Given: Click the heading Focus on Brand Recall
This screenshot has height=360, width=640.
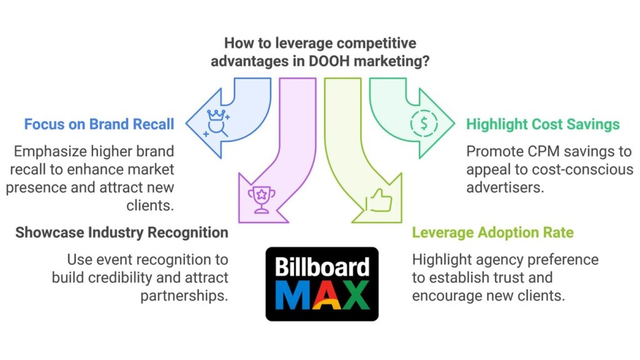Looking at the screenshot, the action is (x=99, y=124).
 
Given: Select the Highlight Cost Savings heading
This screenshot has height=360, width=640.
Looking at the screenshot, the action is (x=543, y=124).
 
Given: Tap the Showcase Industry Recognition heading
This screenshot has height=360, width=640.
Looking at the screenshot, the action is (x=122, y=232).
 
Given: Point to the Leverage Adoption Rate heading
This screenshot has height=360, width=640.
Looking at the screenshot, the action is (x=492, y=232).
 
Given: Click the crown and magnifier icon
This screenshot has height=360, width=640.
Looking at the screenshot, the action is (x=216, y=123).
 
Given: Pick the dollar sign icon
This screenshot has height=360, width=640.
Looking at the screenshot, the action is (x=424, y=123).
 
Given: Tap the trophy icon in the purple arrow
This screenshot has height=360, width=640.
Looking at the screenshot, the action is (x=262, y=199).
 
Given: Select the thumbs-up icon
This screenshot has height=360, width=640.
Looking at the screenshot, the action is (x=379, y=200).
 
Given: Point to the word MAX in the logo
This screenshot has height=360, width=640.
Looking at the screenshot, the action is (x=322, y=295).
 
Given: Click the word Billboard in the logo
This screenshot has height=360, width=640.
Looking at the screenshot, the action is (x=322, y=267).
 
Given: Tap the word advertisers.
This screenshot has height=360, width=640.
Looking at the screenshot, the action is (x=505, y=187).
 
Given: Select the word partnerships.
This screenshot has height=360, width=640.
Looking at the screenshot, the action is (x=184, y=296).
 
